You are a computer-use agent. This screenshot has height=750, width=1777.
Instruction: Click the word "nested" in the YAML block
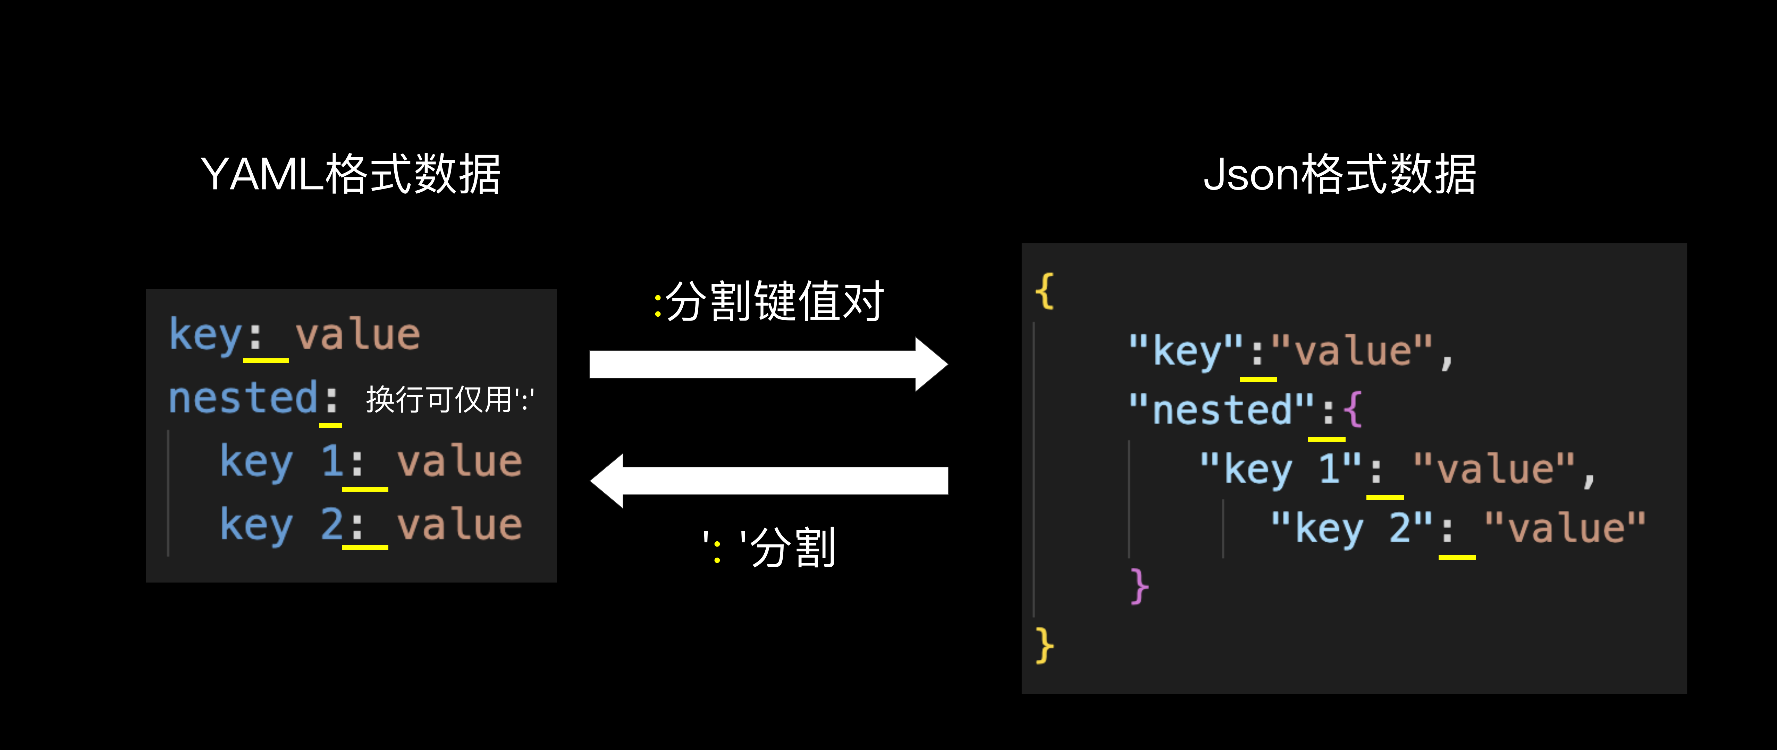pos(243,398)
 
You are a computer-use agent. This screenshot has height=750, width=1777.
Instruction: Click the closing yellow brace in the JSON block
pos(1044,645)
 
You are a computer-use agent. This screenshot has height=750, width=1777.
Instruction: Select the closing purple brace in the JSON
pos(1139,586)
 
